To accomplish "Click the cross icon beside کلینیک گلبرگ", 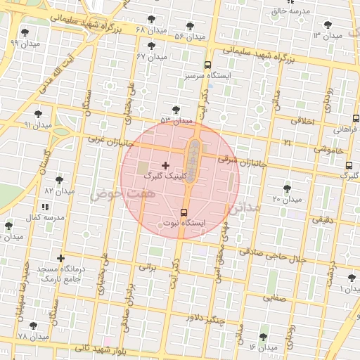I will tap(166, 165).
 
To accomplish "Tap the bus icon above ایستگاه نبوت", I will tap(184, 212).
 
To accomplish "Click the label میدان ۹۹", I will tap(25, 43).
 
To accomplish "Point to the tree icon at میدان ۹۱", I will tap(39, 113).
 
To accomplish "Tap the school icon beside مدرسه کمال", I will tap(46, 207).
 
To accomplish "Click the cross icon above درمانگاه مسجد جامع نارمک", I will tap(61, 259).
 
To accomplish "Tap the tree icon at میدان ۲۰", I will tap(286, 188).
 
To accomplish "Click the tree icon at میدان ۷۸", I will tap(33, 326).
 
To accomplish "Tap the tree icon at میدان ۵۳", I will tap(176, 110).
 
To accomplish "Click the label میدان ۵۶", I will tap(189, 36).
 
